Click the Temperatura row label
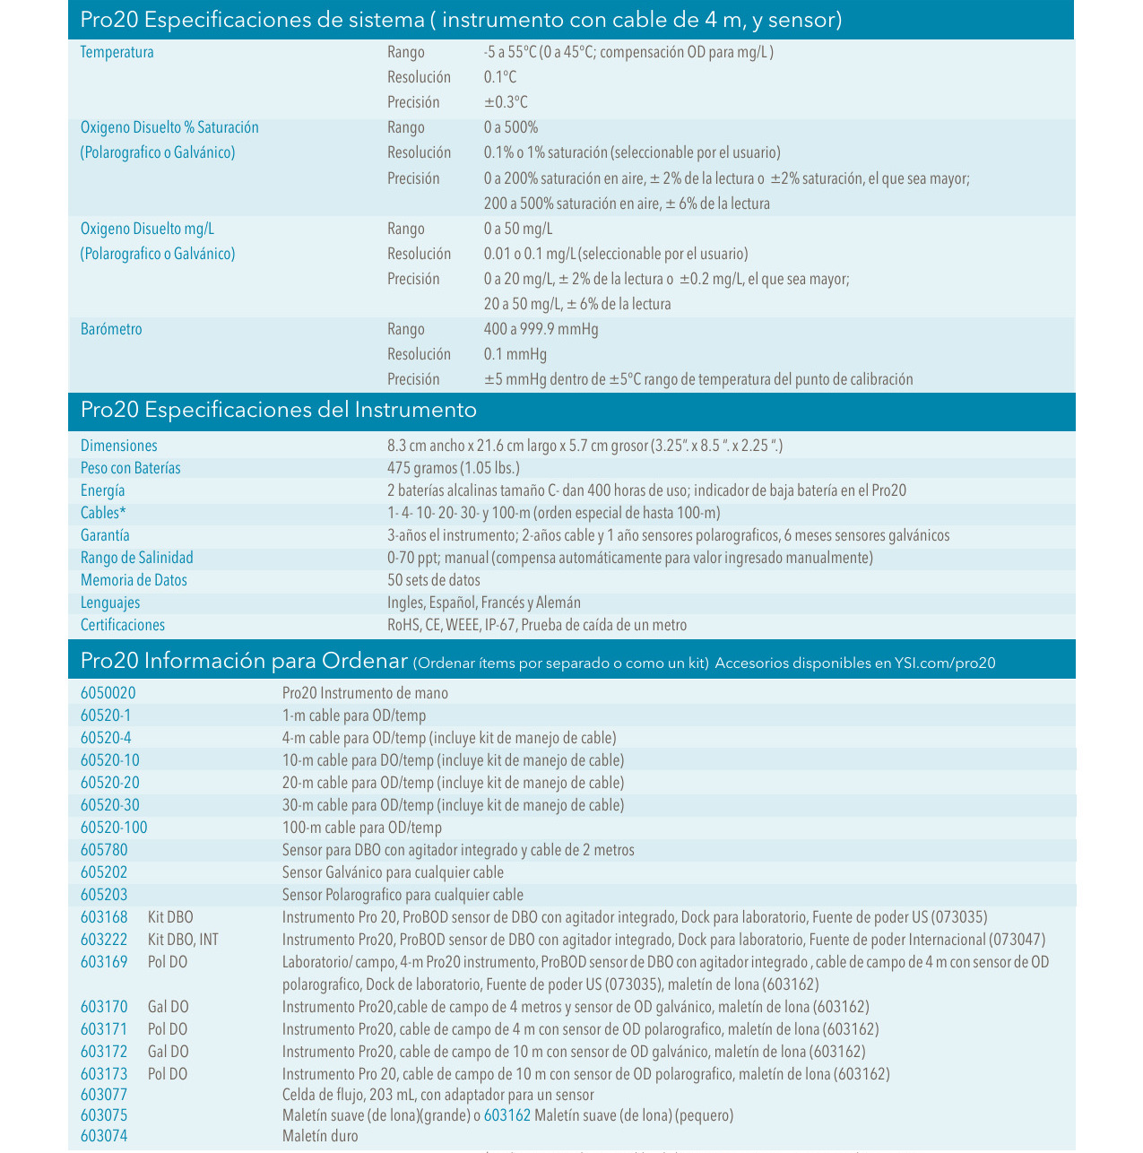pyautogui.click(x=117, y=52)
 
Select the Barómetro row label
pyautogui.click(x=111, y=329)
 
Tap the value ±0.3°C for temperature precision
pyautogui.click(x=506, y=102)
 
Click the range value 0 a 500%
pyautogui.click(x=510, y=127)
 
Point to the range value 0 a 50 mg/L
pyautogui.click(x=517, y=229)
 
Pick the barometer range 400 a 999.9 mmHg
pyautogui.click(x=541, y=329)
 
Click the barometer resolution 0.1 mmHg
pyautogui.click(x=515, y=354)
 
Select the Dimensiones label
pyautogui.click(x=118, y=446)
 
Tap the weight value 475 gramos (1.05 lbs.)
pyautogui.click(x=453, y=468)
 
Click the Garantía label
pyautogui.click(x=105, y=535)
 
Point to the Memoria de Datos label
pyautogui.click(x=134, y=580)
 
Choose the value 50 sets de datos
pyautogui.click(x=433, y=580)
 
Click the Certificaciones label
pyautogui.click(x=123, y=625)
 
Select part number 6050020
pyautogui.click(x=108, y=693)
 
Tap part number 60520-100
pyautogui.click(x=114, y=828)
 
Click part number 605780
pyautogui.click(x=104, y=850)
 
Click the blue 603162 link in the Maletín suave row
pyautogui.click(x=507, y=1115)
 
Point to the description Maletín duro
pyautogui.click(x=320, y=1136)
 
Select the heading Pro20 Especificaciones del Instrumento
pyautogui.click(x=278, y=411)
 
